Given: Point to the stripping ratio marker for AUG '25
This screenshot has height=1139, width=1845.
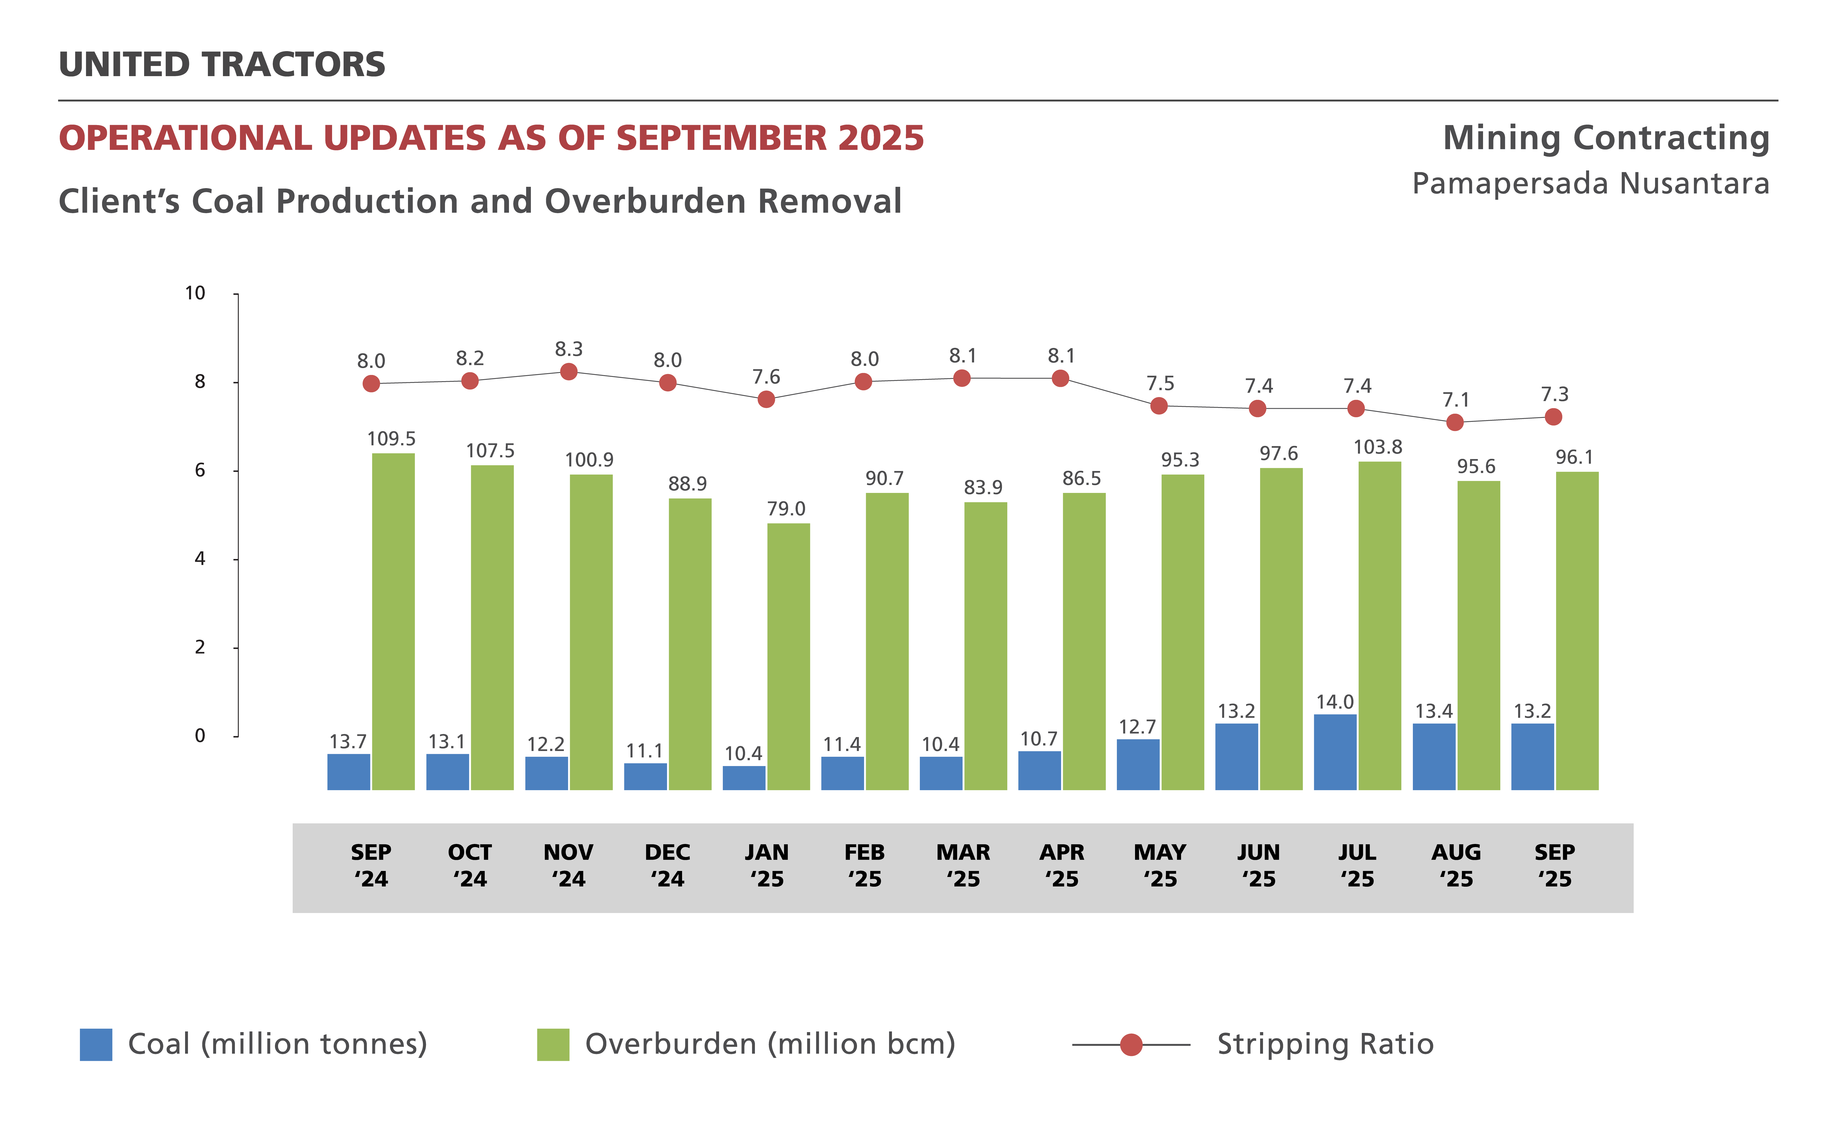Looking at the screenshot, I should pyautogui.click(x=1455, y=423).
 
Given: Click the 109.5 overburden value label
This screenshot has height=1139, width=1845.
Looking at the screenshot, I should pyautogui.click(x=391, y=438).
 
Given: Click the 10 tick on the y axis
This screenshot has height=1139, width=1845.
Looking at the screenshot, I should pyautogui.click(x=195, y=293).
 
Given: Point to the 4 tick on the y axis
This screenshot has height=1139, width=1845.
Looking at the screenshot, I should pyautogui.click(x=200, y=559).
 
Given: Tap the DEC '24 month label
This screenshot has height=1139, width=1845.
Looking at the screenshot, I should pyautogui.click(x=667, y=866).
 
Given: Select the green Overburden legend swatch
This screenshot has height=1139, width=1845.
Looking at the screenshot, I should pyautogui.click(x=553, y=1044).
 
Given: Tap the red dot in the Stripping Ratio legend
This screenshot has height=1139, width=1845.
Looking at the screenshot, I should pyautogui.click(x=1131, y=1045).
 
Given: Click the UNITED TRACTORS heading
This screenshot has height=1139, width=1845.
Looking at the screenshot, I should pyautogui.click(x=222, y=65).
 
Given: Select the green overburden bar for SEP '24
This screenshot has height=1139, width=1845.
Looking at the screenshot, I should pyautogui.click(x=393, y=622).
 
